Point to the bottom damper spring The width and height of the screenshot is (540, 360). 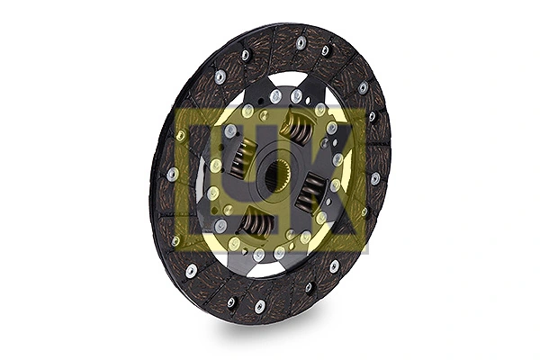[256, 221]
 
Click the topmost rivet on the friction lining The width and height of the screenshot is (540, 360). [301, 42]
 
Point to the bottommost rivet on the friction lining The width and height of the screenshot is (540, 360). [259, 307]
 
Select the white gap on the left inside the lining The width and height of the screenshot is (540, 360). [199, 184]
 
